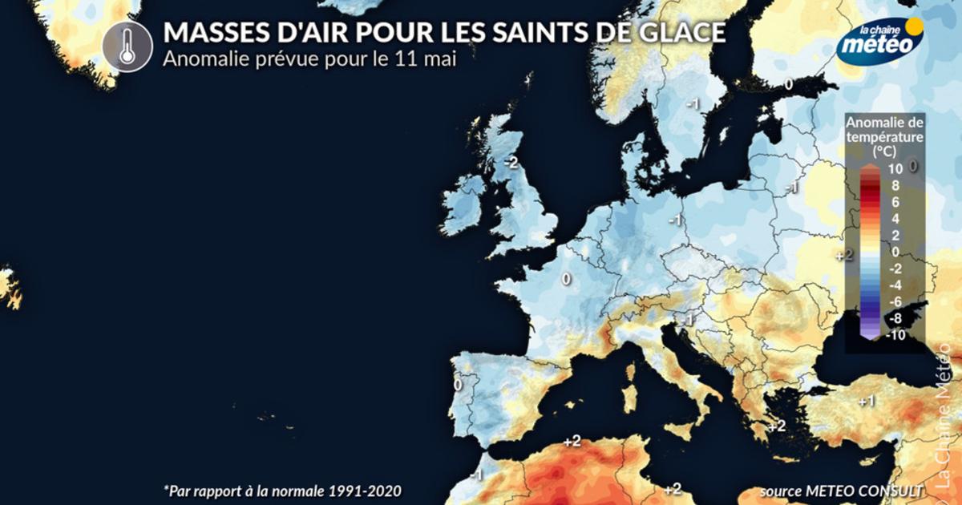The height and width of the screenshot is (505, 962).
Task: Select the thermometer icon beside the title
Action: point(127,46)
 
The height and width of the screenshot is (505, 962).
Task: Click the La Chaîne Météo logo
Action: point(879,39)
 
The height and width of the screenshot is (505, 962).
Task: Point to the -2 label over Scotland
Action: point(511,162)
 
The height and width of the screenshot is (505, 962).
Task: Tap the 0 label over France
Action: point(565,279)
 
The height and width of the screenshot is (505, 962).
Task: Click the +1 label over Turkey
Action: point(866,401)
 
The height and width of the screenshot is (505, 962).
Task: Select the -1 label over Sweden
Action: point(693,103)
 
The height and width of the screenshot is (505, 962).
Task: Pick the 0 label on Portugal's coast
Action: point(458,385)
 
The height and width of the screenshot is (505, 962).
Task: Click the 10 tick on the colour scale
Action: point(896,168)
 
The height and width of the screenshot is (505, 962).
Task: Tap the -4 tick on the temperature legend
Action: point(895,285)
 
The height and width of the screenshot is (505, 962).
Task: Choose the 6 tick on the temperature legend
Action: point(895,201)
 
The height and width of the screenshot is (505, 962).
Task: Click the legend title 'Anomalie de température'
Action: point(885,130)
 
